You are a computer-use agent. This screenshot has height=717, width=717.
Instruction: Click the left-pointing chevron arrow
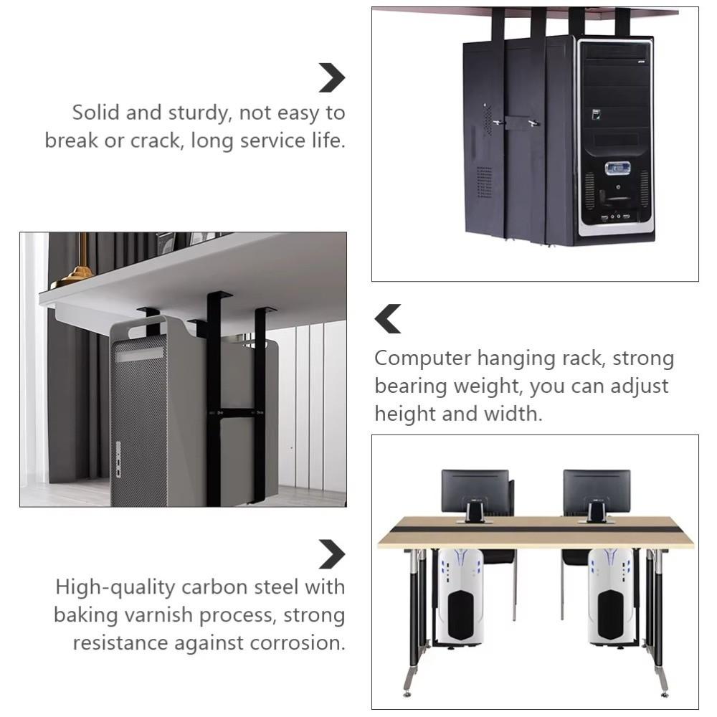tap(388, 319)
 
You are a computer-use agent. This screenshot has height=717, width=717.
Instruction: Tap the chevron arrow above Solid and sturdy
tap(331, 77)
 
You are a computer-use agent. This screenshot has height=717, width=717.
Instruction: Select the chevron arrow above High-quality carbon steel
tap(331, 554)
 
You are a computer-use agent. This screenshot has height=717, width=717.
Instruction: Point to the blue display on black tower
tap(617, 168)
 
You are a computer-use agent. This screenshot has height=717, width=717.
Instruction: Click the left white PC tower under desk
tap(461, 595)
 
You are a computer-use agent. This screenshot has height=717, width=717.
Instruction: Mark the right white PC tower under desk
tap(610, 595)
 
